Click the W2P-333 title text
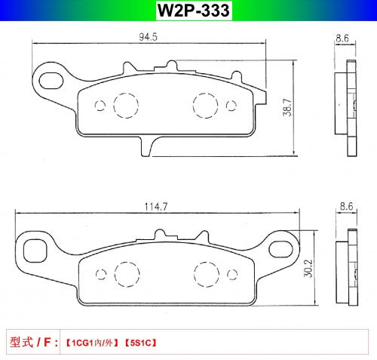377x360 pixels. (194, 11)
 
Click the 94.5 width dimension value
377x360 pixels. (148, 37)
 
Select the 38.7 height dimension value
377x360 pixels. (287, 107)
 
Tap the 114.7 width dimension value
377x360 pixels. (155, 207)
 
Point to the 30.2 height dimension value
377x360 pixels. (308, 269)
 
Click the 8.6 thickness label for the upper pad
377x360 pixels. (342, 38)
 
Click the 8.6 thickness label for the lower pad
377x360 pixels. (347, 206)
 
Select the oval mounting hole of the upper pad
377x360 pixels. (51, 81)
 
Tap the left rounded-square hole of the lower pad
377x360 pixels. (35, 251)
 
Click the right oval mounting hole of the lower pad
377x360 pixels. (281, 249)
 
